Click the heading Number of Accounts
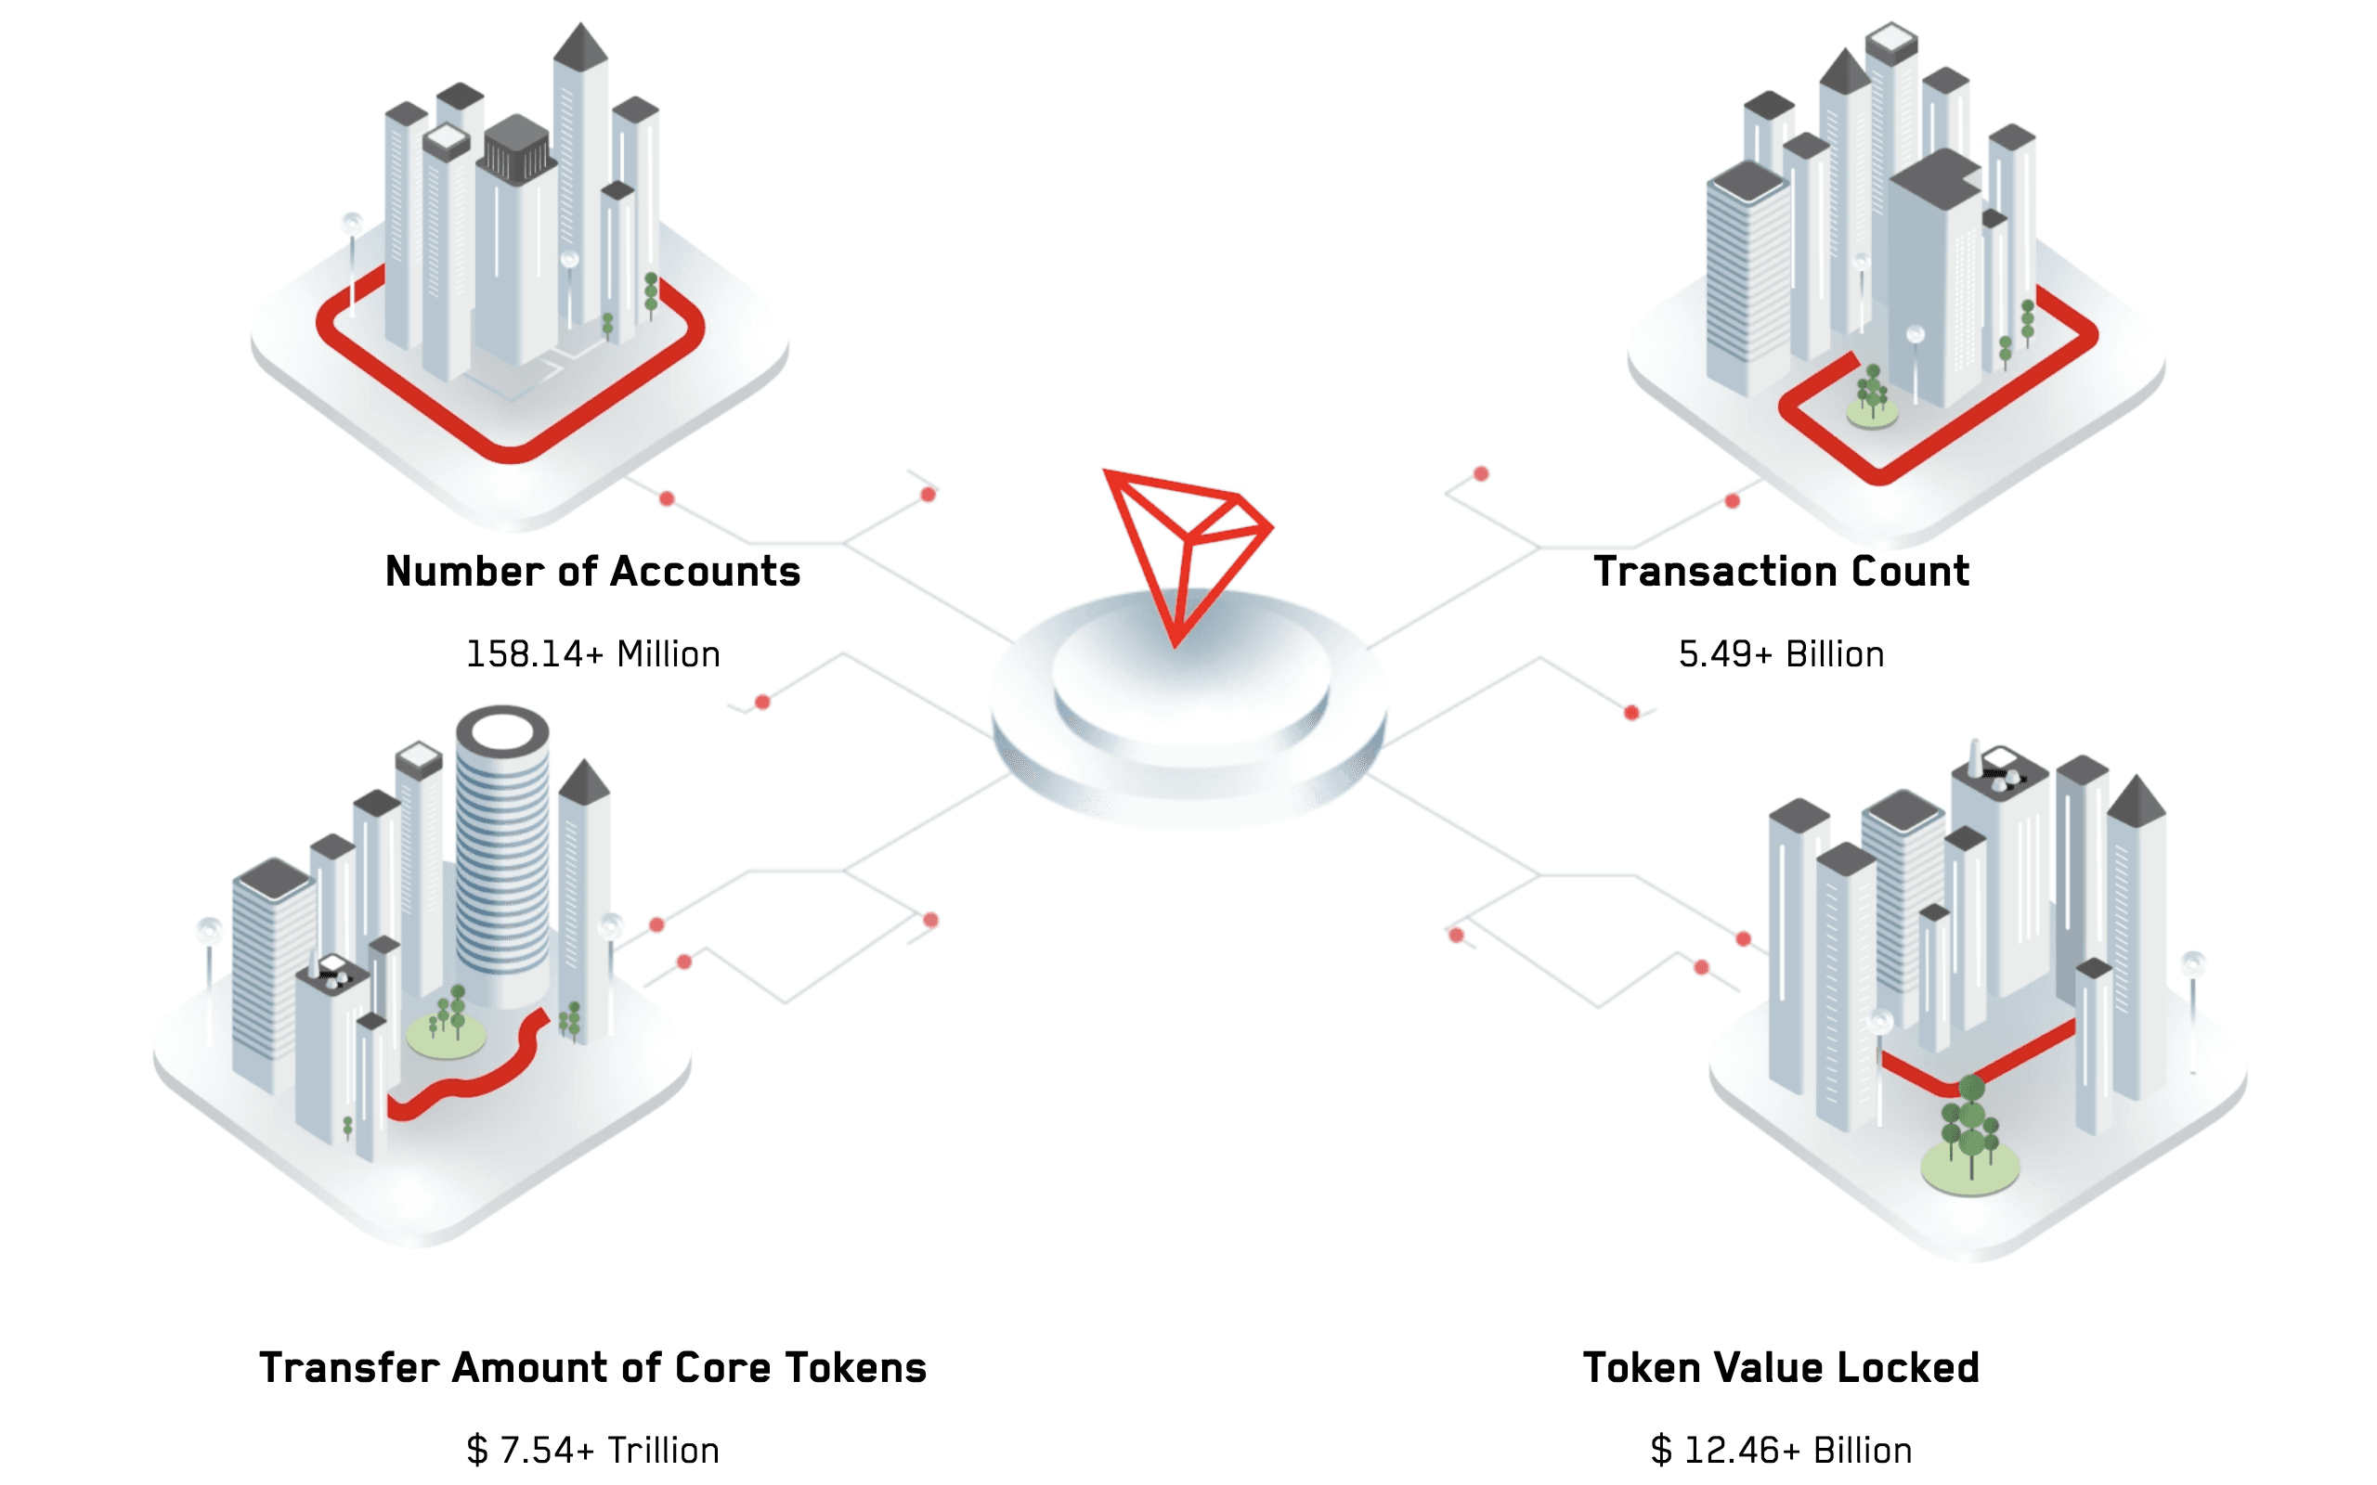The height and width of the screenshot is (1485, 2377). pyautogui.click(x=592, y=572)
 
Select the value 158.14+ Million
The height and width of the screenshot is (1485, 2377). pyautogui.click(x=592, y=654)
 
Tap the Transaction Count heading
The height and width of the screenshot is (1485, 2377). pyautogui.click(x=1781, y=572)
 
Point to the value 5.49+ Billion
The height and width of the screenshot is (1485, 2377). pyautogui.click(x=1781, y=654)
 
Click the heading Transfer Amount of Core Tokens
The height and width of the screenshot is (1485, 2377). pyautogui.click(x=592, y=1368)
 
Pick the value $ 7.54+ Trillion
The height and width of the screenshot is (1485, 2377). pyautogui.click(x=592, y=1451)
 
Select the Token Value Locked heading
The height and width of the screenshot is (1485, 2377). pyautogui.click(x=1781, y=1368)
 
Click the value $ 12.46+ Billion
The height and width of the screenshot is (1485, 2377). pyautogui.click(x=1781, y=1451)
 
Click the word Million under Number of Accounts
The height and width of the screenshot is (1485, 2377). pyautogui.click(x=668, y=654)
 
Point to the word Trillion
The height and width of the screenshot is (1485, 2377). pyautogui.click(x=663, y=1451)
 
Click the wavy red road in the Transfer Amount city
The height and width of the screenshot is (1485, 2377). pyautogui.click(x=472, y=1080)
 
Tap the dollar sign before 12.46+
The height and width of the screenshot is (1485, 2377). pyautogui.click(x=1661, y=1451)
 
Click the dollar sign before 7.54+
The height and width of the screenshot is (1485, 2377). pyautogui.click(x=477, y=1451)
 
